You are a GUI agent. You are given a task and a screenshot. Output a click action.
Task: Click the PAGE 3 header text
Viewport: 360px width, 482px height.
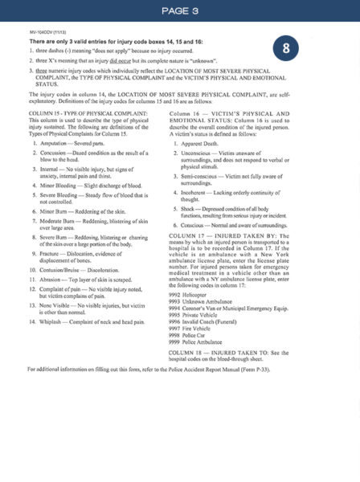point(179,11)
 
